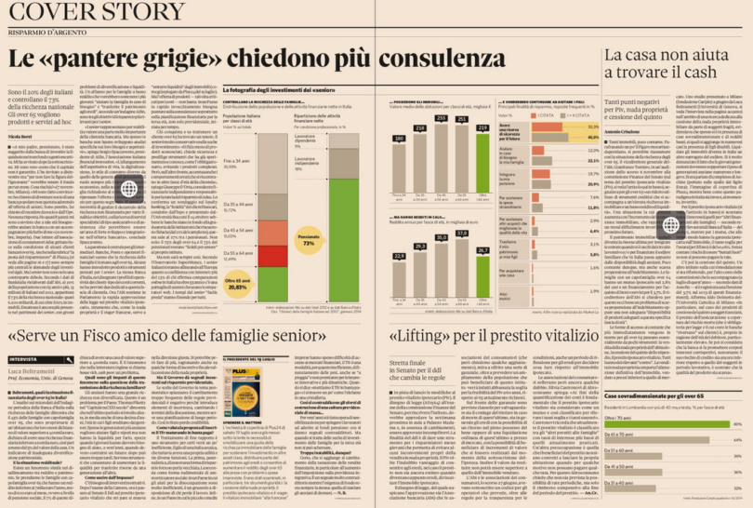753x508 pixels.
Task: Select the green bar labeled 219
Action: tap(482, 162)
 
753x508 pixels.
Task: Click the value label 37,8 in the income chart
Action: tap(462, 234)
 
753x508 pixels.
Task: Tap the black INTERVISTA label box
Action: tap(29, 358)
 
